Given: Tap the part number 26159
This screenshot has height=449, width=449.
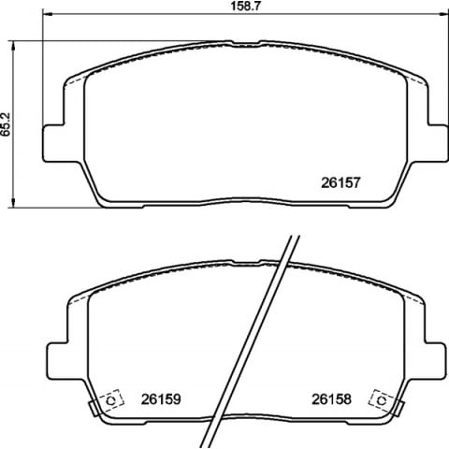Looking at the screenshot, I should (160, 398).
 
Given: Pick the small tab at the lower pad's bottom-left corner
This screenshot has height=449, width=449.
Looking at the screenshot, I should (94, 408).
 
